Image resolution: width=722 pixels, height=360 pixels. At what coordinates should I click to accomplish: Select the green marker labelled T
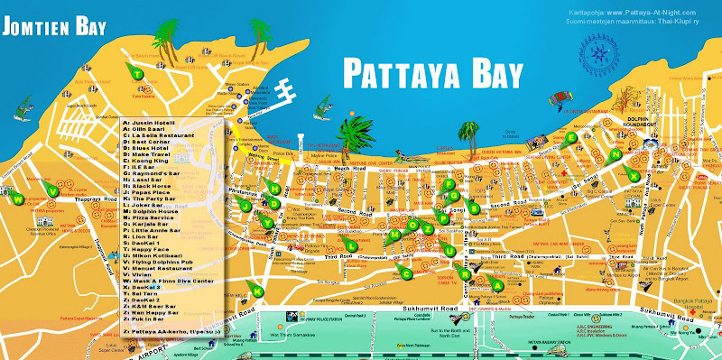[x=137, y=74]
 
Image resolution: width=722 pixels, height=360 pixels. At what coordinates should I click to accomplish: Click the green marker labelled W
[x=16, y=199]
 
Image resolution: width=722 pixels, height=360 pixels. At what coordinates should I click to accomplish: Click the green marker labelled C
[x=406, y=273]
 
